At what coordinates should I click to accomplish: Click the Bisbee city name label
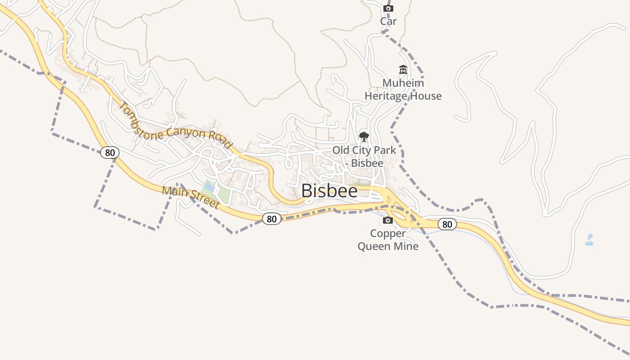point(329,191)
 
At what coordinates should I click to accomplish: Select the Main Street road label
point(190,198)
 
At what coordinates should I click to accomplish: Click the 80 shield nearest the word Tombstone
point(110,153)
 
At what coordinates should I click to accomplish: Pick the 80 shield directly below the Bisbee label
point(271,219)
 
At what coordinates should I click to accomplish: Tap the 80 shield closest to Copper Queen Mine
point(447,224)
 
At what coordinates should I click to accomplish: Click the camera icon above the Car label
point(388,8)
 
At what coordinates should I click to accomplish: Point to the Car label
point(388,21)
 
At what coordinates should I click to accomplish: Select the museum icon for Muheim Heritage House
point(403,70)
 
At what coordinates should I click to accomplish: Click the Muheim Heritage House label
point(403,90)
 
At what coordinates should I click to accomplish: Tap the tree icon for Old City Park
point(364,136)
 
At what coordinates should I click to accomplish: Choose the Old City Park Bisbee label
point(364,156)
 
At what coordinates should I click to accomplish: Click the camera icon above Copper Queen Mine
point(388,220)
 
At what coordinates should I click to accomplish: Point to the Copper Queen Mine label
point(388,240)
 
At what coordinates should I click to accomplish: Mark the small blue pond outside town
point(589,240)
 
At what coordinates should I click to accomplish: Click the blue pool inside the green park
point(209,186)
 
